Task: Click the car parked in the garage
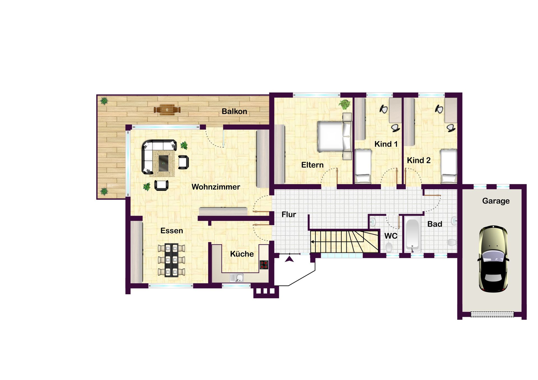(493, 259)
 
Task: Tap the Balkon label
(234, 111)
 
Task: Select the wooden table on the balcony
(167, 110)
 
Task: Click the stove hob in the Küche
(264, 265)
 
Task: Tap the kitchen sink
(237, 278)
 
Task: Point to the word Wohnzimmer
(216, 187)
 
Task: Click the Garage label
(496, 201)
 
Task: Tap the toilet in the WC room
(389, 248)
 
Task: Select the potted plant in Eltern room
(345, 104)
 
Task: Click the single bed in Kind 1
(363, 166)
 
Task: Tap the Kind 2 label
(419, 160)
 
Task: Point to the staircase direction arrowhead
(312, 242)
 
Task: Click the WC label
(391, 236)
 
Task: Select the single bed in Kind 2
(449, 166)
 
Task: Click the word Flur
(289, 215)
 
